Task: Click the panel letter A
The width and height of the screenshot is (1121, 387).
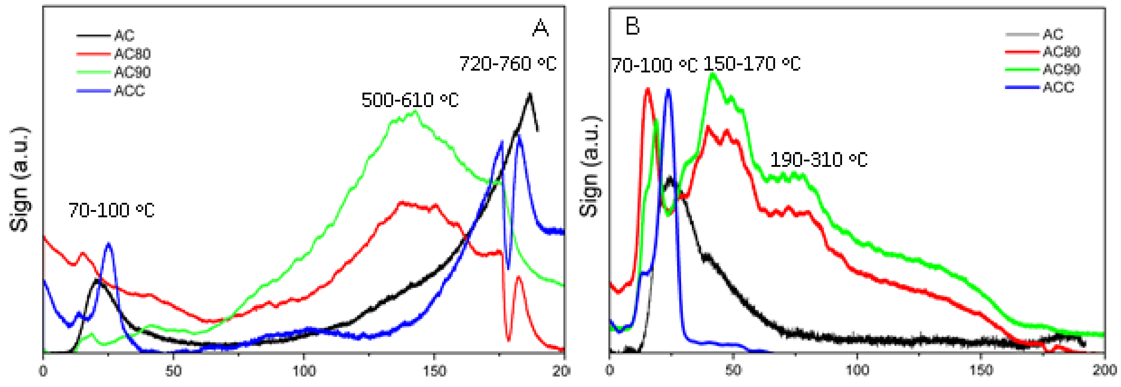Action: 540,28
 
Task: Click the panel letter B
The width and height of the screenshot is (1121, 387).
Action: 632,26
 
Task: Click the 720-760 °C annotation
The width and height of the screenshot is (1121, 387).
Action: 508,64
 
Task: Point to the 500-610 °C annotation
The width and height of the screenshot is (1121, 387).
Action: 410,100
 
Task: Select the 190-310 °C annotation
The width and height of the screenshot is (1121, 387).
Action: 819,160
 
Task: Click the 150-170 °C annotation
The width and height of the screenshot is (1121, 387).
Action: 752,64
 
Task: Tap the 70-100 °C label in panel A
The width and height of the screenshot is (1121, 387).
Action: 111,210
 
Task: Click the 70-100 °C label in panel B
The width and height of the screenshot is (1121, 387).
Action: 654,65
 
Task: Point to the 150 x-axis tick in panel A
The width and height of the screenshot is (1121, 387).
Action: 434,371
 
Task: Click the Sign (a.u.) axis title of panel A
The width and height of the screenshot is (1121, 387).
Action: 19,179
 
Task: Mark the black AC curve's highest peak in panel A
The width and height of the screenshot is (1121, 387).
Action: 530,94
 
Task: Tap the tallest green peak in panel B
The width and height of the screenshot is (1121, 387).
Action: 712,74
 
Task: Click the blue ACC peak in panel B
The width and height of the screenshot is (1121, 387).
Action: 668,90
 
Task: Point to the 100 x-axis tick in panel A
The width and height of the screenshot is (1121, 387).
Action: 303,371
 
